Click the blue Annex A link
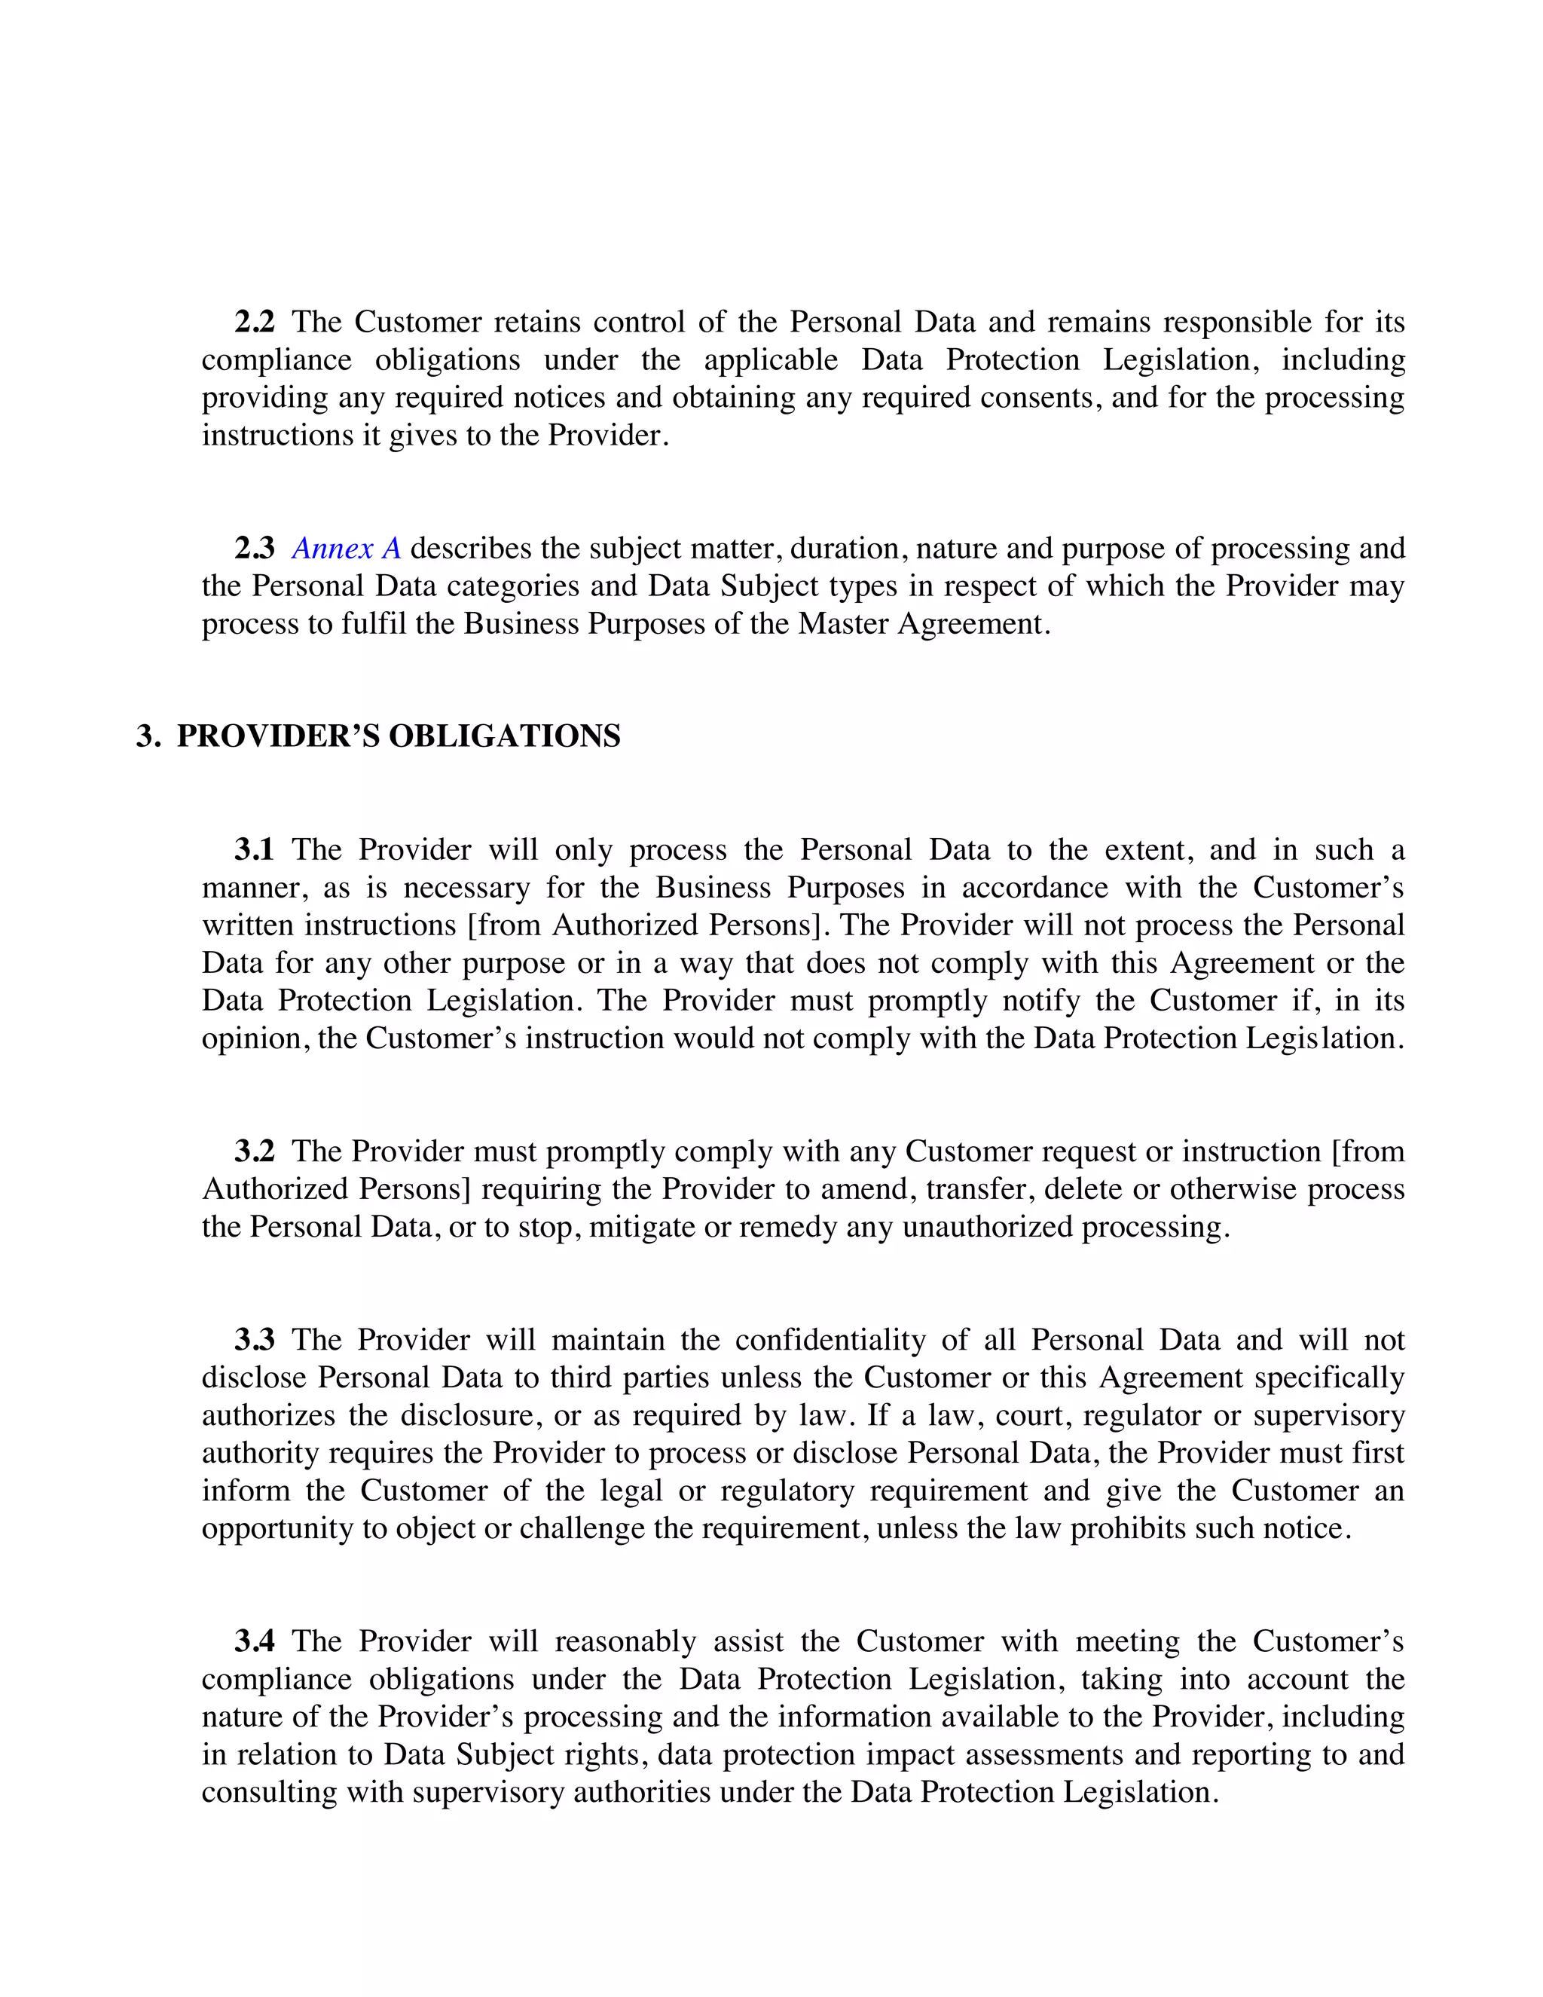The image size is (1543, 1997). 347,549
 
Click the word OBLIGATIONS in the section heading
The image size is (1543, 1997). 505,736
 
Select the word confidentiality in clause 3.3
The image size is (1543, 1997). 837,1340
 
